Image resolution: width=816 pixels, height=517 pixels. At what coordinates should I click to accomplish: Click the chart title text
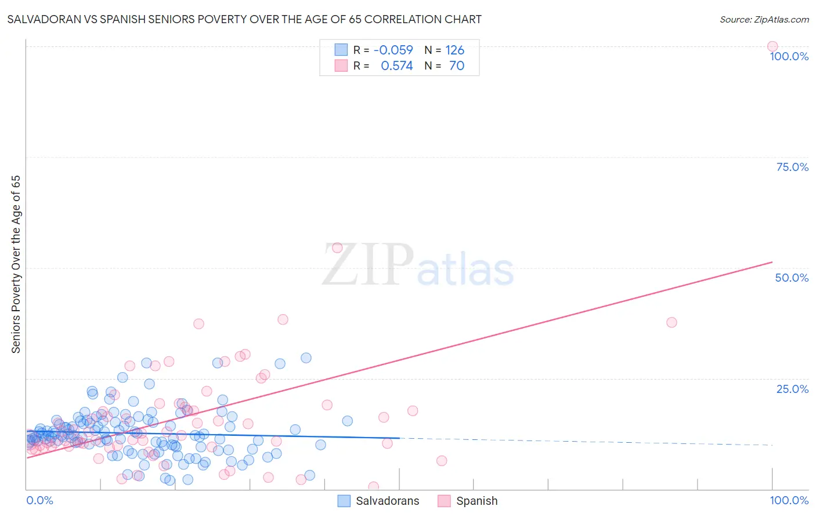(x=244, y=19)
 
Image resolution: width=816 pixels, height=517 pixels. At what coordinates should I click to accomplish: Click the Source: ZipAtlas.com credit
(x=764, y=19)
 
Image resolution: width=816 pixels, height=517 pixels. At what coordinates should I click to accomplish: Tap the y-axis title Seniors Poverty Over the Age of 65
(x=16, y=264)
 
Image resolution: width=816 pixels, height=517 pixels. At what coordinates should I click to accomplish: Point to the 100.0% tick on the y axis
(x=789, y=56)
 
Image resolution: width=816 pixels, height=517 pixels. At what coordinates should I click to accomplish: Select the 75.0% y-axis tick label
(x=792, y=167)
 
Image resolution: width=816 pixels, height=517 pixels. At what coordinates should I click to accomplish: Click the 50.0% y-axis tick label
(x=792, y=278)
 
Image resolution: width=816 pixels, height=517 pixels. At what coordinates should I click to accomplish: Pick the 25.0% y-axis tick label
(x=792, y=389)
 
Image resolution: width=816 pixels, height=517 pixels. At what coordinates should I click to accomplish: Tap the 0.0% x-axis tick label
(x=39, y=500)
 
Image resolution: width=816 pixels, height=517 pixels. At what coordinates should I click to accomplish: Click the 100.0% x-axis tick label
(x=789, y=500)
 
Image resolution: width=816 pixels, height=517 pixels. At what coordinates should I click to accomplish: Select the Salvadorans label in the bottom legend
(x=387, y=501)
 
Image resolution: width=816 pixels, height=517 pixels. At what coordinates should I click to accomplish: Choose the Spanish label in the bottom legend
(x=476, y=501)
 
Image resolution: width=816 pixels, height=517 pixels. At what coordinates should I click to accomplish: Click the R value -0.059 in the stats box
(x=393, y=50)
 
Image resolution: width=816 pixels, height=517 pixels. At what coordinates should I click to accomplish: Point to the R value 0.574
(x=396, y=66)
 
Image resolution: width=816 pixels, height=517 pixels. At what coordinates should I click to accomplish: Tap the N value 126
(x=454, y=50)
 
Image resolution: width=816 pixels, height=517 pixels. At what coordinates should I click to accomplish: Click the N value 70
(x=457, y=66)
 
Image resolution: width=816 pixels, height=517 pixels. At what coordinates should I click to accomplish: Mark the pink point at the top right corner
(x=772, y=46)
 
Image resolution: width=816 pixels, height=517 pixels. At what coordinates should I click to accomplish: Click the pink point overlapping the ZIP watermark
(x=337, y=248)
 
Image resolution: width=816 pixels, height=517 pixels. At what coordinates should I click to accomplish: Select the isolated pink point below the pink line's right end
(x=671, y=322)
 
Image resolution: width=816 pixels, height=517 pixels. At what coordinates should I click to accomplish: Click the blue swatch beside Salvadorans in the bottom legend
(x=344, y=501)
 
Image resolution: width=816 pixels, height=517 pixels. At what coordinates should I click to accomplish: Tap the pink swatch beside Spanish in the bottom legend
(x=444, y=501)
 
